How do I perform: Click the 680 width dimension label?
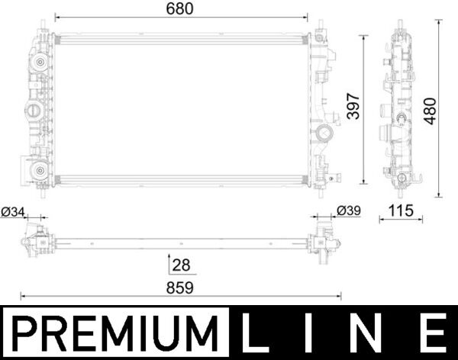[x=181, y=9]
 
